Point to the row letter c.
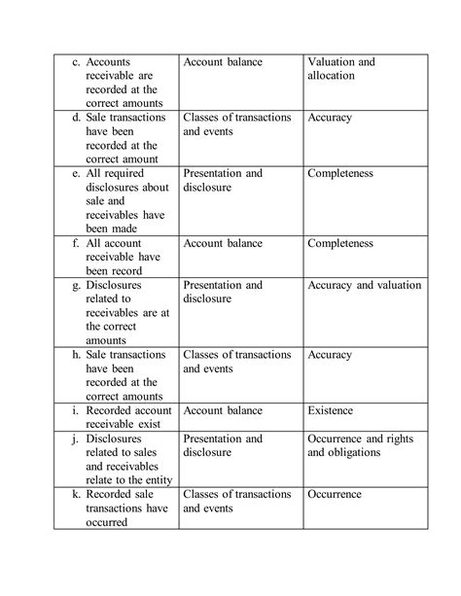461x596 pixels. click(x=76, y=62)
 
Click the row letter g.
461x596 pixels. click(x=77, y=286)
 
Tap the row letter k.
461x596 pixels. click(x=77, y=494)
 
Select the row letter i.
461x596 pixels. click(x=77, y=411)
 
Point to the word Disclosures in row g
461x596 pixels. click(x=113, y=286)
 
